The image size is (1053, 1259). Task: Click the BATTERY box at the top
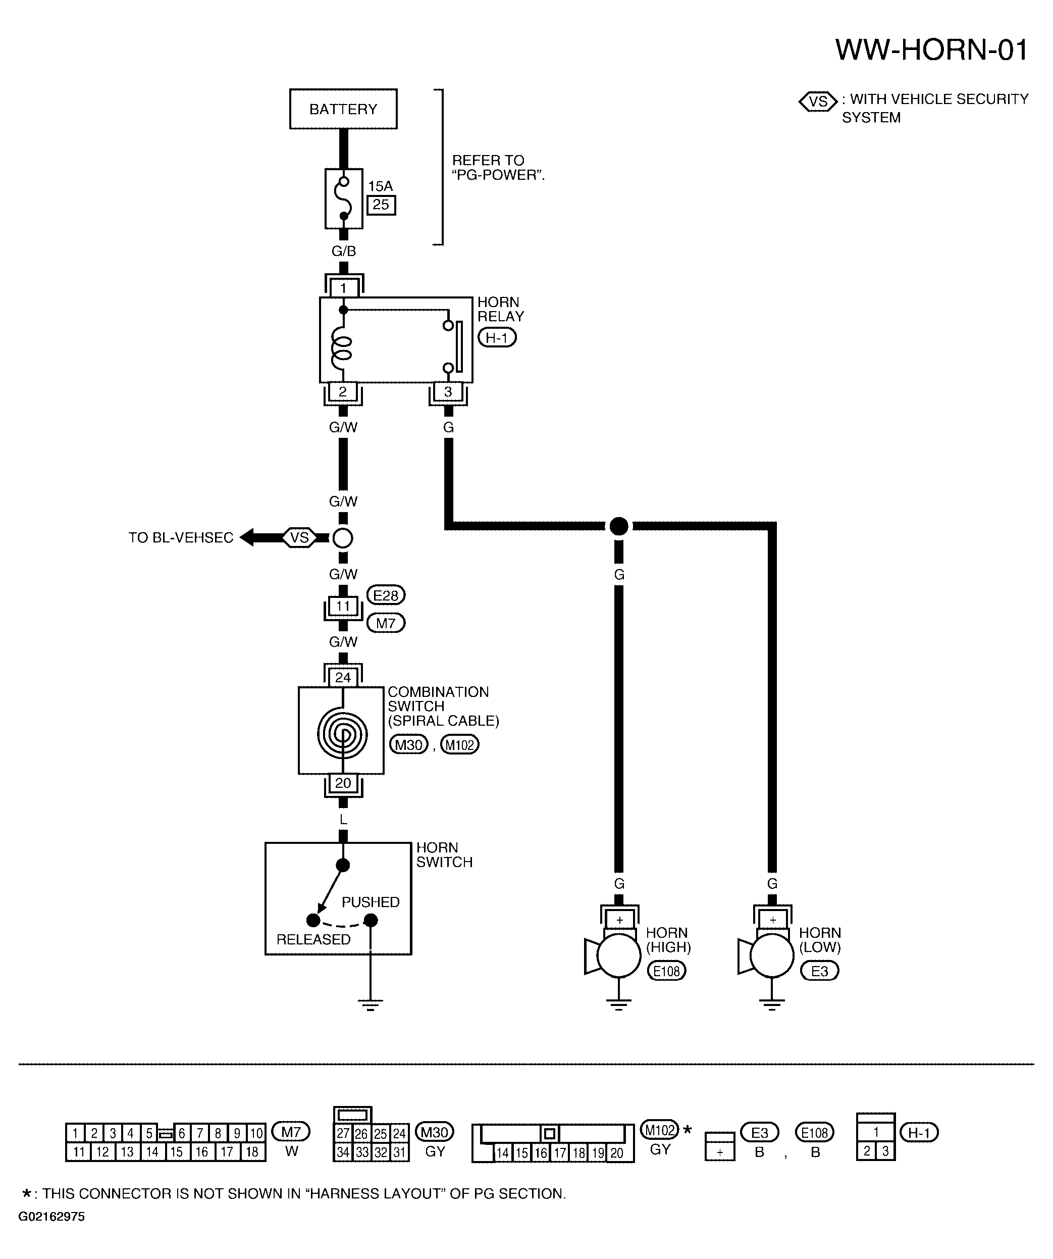(x=343, y=109)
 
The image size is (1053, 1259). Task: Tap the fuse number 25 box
(x=381, y=205)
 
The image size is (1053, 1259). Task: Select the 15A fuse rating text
(x=380, y=186)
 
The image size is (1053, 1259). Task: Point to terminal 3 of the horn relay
(x=448, y=391)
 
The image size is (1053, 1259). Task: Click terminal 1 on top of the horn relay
(x=343, y=288)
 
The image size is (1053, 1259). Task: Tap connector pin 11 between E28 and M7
(x=343, y=606)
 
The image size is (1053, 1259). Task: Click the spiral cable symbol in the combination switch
(x=342, y=733)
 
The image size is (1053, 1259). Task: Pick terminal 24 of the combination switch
(x=343, y=677)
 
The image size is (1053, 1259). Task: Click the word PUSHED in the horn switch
(x=371, y=902)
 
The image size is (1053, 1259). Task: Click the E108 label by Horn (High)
(x=666, y=971)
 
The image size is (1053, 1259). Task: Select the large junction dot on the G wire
(x=618, y=526)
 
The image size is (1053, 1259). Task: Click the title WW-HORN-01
(x=932, y=50)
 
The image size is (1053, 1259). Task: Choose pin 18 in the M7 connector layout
(x=252, y=1152)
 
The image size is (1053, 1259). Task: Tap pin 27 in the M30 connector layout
(x=343, y=1133)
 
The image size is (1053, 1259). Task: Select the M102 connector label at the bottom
(x=660, y=1130)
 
